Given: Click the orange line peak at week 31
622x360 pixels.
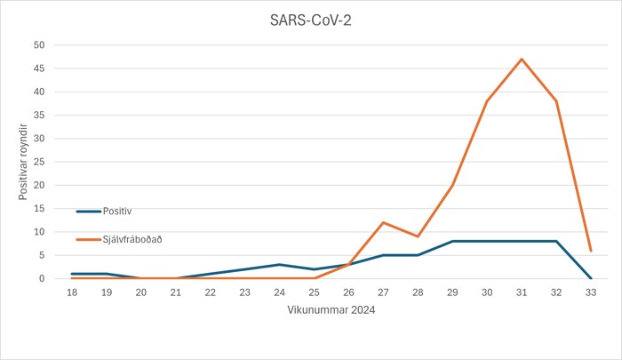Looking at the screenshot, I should [x=522, y=59].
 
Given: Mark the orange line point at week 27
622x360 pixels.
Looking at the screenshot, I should [x=383, y=222].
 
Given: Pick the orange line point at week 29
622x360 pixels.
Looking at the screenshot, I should [x=452, y=185].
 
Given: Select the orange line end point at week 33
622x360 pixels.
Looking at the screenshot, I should [x=591, y=251].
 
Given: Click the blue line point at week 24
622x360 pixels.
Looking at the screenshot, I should [x=279, y=265].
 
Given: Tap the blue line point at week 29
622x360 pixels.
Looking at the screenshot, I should [x=452, y=241].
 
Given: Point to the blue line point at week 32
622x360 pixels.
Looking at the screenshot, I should [x=556, y=241].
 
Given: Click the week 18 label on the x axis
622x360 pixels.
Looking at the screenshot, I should [x=71, y=292].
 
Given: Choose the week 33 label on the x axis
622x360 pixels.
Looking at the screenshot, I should [x=591, y=292].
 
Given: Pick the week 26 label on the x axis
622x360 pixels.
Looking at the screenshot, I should [x=348, y=292].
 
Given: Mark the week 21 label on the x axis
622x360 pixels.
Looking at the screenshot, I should [x=175, y=292].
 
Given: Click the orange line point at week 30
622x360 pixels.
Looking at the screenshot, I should [x=487, y=100].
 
